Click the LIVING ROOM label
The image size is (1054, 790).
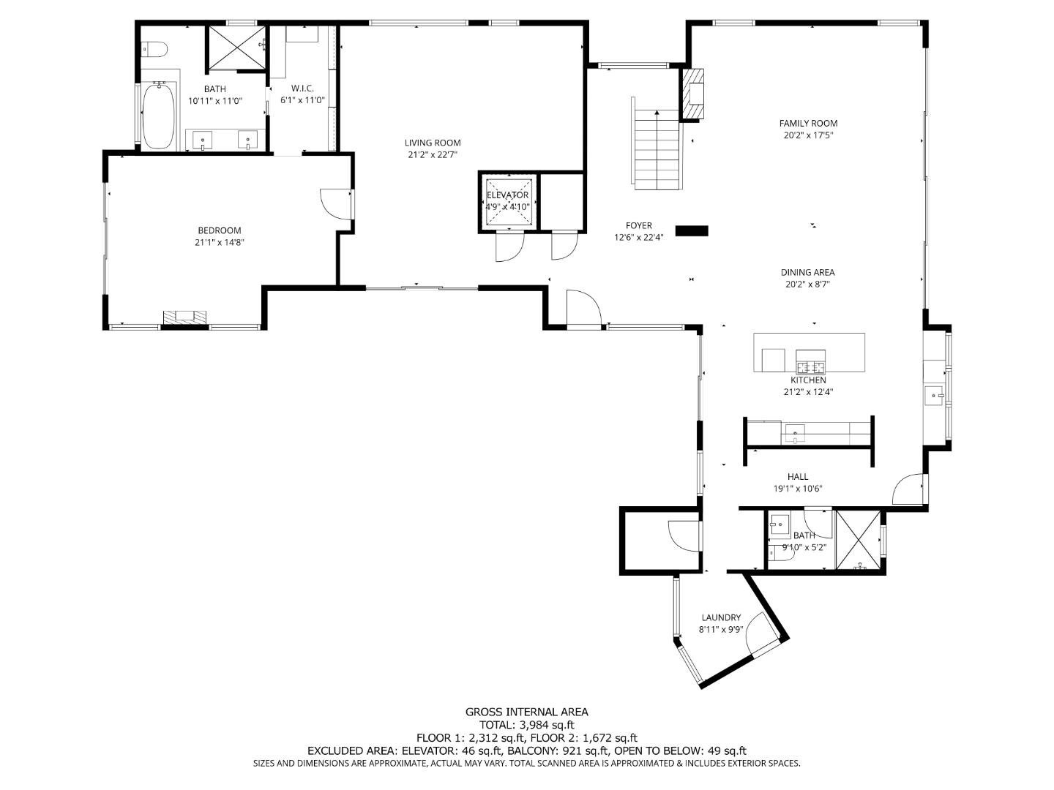[432, 143]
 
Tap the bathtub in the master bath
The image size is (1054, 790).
[158, 115]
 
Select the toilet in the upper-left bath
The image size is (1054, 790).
[154, 48]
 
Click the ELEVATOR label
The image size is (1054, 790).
[507, 195]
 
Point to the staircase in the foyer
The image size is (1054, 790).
[657, 143]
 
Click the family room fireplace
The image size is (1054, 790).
[692, 94]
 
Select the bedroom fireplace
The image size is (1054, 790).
[185, 317]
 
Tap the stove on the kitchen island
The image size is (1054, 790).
[810, 361]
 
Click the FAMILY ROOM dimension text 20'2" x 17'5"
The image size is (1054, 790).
[808, 135]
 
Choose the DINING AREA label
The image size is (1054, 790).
[807, 272]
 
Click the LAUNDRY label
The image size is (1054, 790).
[721, 617]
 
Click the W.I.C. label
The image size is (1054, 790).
[302, 89]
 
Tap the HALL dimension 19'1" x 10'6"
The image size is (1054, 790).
[798, 489]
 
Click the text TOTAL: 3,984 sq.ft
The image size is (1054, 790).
[527, 725]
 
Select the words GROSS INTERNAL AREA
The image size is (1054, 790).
[527, 712]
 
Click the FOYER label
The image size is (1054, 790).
[639, 225]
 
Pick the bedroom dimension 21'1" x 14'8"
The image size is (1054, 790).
[220, 242]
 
